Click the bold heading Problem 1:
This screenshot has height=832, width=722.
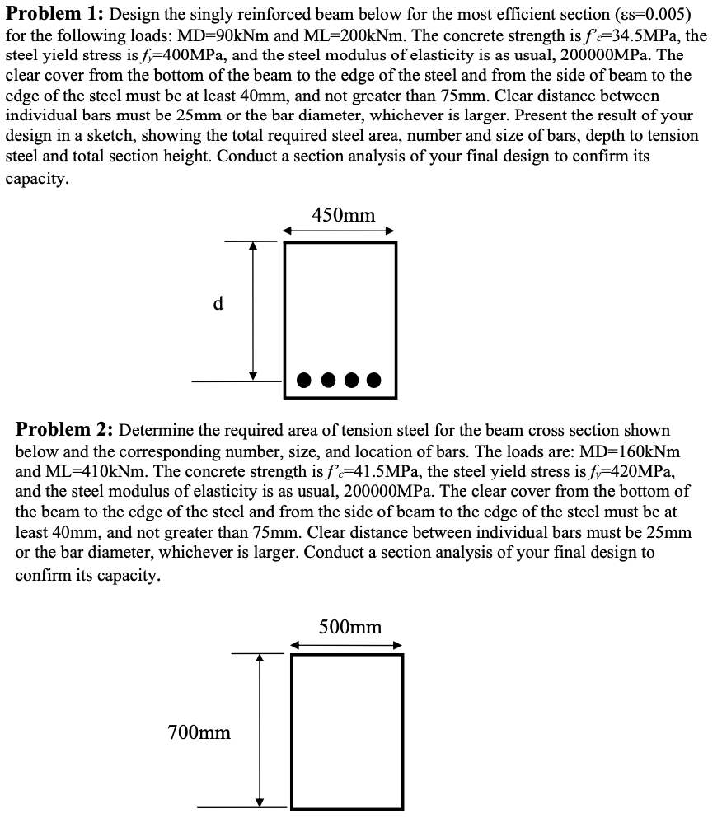[54, 14]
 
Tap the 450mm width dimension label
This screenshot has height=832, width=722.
[344, 216]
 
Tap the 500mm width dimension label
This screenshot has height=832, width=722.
[350, 628]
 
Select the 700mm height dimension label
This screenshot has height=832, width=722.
[199, 732]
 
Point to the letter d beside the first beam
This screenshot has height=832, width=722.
[218, 303]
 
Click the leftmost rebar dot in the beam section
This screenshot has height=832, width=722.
[305, 381]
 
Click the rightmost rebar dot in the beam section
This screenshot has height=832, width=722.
[375, 381]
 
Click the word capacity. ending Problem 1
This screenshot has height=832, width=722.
[37, 178]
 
